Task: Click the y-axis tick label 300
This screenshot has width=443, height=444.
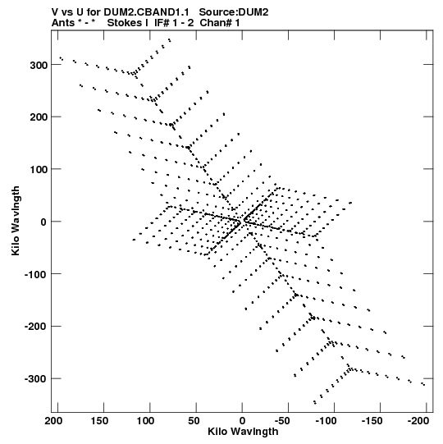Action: [x=39, y=65]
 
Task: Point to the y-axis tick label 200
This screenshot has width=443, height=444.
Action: [x=39, y=117]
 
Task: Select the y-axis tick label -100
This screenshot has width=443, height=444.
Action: [x=35, y=274]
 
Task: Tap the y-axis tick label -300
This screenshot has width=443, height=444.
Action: [x=35, y=379]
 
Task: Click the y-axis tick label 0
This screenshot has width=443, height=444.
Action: [x=43, y=222]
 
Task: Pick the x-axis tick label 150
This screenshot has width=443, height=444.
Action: [x=99, y=421]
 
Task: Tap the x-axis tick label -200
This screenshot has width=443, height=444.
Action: [x=418, y=421]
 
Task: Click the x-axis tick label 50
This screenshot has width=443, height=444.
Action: [x=194, y=421]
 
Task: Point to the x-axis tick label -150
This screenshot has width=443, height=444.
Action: [x=372, y=421]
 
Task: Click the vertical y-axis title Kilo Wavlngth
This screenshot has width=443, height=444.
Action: [x=16, y=221]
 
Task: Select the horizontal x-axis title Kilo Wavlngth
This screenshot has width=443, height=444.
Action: [x=243, y=432]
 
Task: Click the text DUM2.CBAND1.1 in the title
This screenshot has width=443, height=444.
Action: [x=146, y=12]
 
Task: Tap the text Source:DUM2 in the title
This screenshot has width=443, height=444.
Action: [x=234, y=12]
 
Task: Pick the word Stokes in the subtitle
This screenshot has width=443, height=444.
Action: [x=125, y=23]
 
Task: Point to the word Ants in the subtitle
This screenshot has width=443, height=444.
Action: [x=63, y=23]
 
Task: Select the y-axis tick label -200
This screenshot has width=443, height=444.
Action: [x=35, y=327]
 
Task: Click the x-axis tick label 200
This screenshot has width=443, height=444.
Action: [x=53, y=421]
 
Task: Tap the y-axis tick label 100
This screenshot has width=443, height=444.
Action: [x=39, y=169]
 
